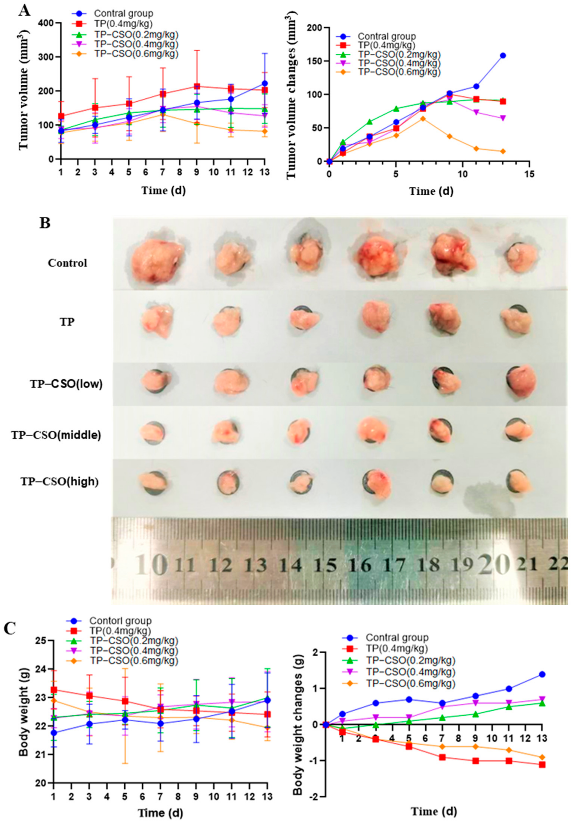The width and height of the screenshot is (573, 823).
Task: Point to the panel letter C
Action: tap(10, 629)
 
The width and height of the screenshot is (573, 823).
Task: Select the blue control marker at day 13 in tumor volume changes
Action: tap(503, 56)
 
